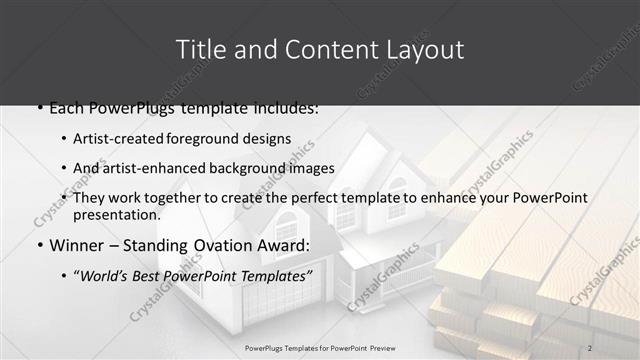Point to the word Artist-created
point(120,138)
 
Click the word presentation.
point(116,214)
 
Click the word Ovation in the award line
point(226,245)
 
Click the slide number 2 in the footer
point(591,347)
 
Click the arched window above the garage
point(286,226)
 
